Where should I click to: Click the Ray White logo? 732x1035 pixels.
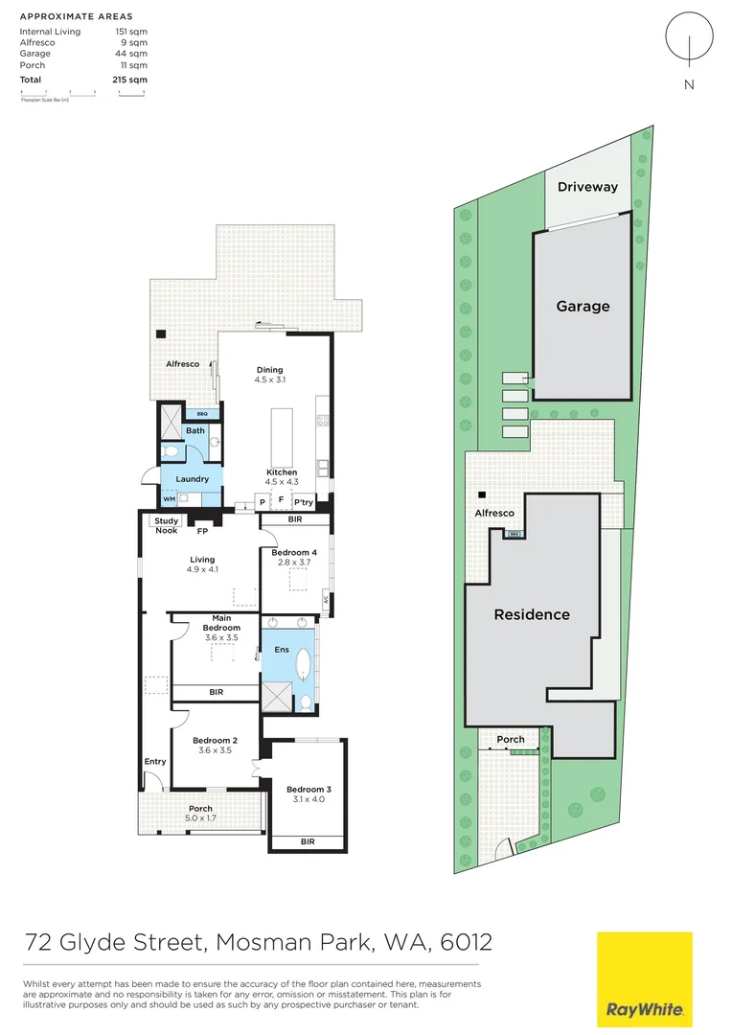(644, 978)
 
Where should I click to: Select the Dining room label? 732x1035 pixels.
(269, 370)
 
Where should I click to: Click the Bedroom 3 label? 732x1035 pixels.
(307, 789)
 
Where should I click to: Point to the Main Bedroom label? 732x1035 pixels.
(221, 628)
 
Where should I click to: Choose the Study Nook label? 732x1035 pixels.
(166, 524)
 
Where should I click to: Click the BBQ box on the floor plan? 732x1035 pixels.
(202, 414)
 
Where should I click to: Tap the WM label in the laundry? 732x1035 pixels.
(169, 499)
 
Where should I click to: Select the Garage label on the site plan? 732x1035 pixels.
(583, 307)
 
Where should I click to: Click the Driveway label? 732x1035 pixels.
(587, 187)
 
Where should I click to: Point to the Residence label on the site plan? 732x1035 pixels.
(532, 614)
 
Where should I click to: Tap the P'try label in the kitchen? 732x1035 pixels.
(304, 502)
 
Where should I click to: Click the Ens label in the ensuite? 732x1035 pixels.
(282, 651)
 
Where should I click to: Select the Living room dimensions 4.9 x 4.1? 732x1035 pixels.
(202, 570)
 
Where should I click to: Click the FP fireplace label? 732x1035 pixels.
(202, 531)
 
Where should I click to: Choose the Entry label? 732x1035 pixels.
(155, 762)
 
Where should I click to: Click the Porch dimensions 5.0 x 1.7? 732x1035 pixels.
(200, 819)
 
